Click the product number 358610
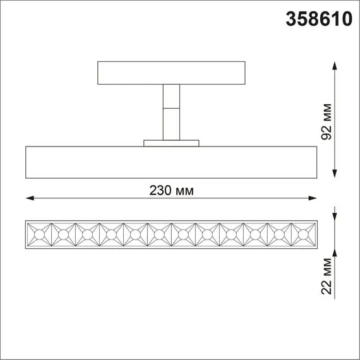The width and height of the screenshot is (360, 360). [x=319, y=19]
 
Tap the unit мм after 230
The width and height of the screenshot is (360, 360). [x=184, y=191]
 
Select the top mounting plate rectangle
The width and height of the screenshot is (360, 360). [x=171, y=73]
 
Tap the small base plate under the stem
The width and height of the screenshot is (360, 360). [x=171, y=143]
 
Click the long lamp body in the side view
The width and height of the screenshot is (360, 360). [x=171, y=162]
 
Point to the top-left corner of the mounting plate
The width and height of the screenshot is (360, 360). [x=99, y=62]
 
